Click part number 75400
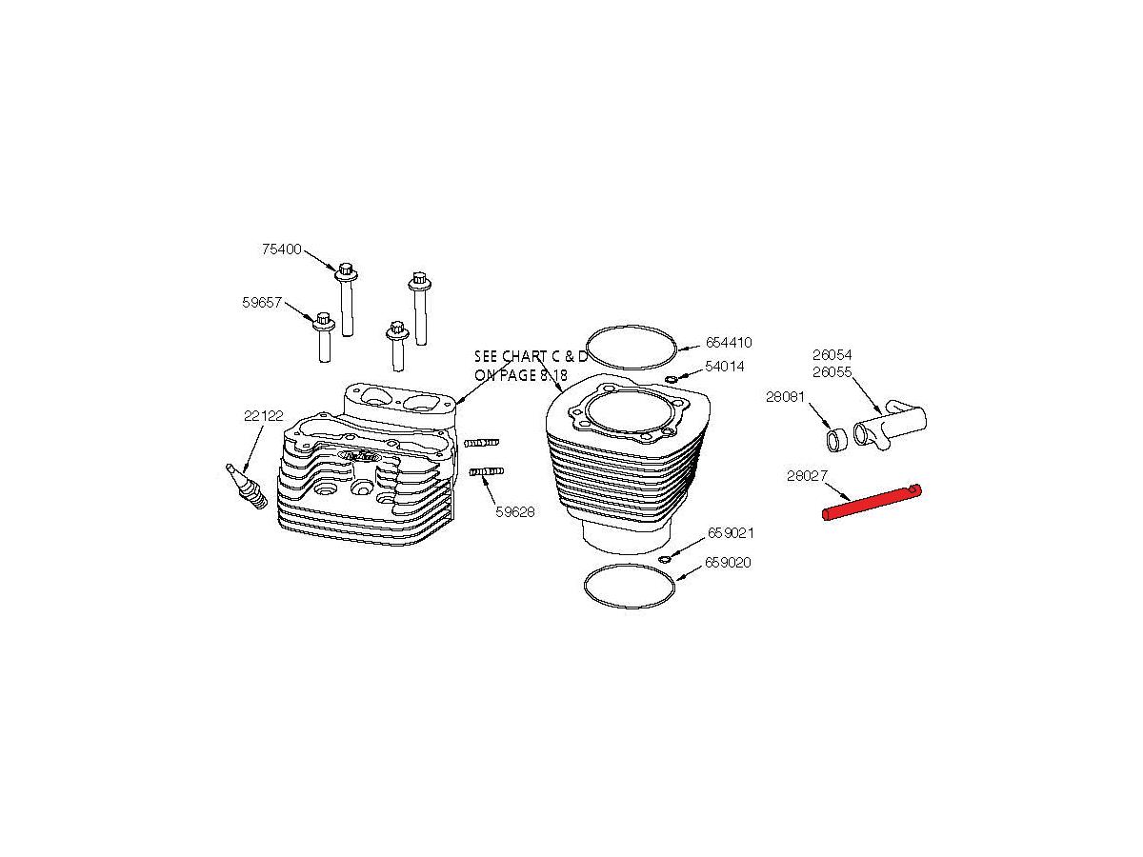282,249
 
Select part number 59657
262,302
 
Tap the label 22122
264,416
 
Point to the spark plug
247,487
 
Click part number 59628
515,512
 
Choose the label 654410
729,343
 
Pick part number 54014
725,367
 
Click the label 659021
731,533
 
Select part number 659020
728,563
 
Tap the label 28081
785,397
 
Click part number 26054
832,355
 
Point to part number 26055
832,372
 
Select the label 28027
807,475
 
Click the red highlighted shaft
872,502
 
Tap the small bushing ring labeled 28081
837,439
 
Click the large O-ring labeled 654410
632,327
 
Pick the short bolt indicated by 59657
324,337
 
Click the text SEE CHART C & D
531,356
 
